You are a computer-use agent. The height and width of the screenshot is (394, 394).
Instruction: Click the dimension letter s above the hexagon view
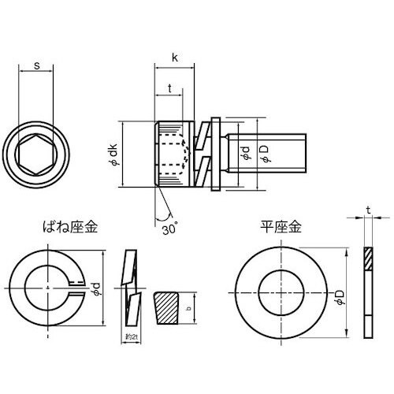point(38,66)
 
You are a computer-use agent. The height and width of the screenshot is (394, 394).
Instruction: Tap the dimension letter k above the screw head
point(174,58)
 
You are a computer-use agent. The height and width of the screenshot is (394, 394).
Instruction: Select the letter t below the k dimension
point(170,89)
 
